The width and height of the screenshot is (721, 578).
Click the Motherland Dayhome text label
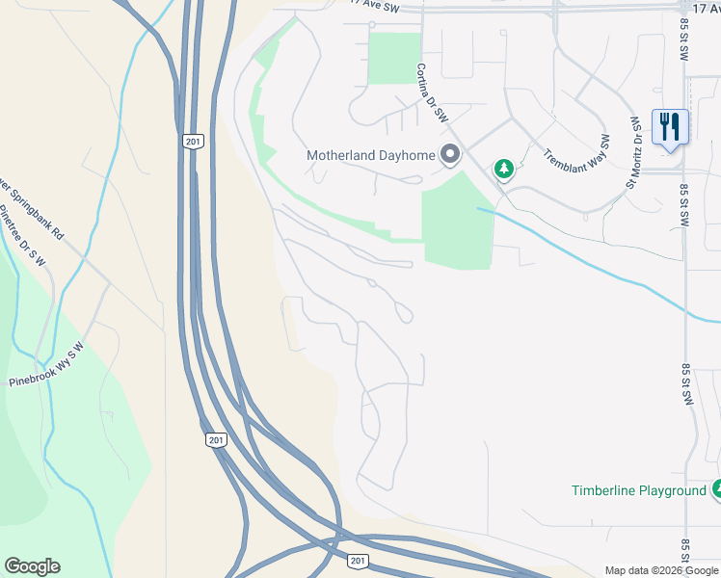(371, 155)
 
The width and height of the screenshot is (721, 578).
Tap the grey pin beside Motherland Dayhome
(449, 154)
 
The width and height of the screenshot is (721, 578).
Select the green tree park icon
(503, 170)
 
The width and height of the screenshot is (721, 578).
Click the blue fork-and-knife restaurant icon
(670, 127)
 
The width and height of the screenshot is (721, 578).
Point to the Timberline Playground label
(638, 490)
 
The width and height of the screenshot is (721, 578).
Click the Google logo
(32, 566)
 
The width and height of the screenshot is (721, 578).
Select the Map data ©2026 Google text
(661, 570)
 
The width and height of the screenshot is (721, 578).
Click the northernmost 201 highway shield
(193, 142)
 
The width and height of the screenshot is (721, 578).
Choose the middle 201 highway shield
(216, 440)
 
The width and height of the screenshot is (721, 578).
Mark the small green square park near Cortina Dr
(395, 58)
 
